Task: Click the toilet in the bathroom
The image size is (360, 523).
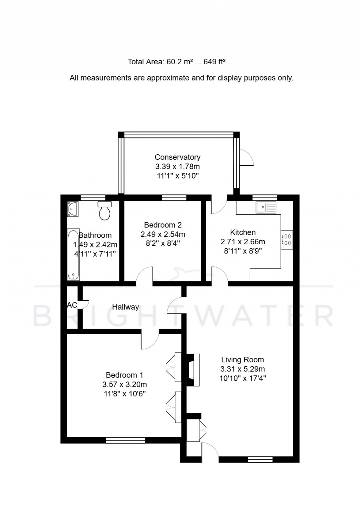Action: click(x=105, y=211)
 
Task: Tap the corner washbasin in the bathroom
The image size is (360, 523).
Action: click(x=73, y=209)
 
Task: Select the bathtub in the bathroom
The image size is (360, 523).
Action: click(x=73, y=255)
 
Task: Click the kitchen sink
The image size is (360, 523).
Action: click(x=266, y=207)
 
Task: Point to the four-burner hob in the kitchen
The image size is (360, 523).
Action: click(x=287, y=240)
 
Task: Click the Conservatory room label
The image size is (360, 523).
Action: click(x=178, y=157)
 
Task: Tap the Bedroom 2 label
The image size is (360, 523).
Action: click(x=163, y=225)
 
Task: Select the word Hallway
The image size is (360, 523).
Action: click(x=126, y=307)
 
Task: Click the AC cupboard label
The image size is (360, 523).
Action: click(x=72, y=305)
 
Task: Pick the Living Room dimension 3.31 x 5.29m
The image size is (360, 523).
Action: click(x=243, y=369)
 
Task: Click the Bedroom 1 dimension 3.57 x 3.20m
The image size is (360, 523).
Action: click(x=125, y=385)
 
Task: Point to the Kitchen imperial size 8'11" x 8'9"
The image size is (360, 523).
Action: click(x=243, y=251)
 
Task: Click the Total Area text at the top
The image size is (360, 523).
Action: click(x=176, y=62)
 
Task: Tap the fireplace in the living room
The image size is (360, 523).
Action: click(x=193, y=370)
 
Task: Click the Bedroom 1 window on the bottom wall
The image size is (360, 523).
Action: click(x=126, y=440)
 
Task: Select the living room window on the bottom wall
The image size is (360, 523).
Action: click(x=260, y=459)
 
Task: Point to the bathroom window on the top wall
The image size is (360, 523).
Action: click(x=93, y=198)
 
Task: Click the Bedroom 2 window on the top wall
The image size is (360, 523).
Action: click(x=174, y=198)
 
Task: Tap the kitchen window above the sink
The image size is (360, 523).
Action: click(x=265, y=198)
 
